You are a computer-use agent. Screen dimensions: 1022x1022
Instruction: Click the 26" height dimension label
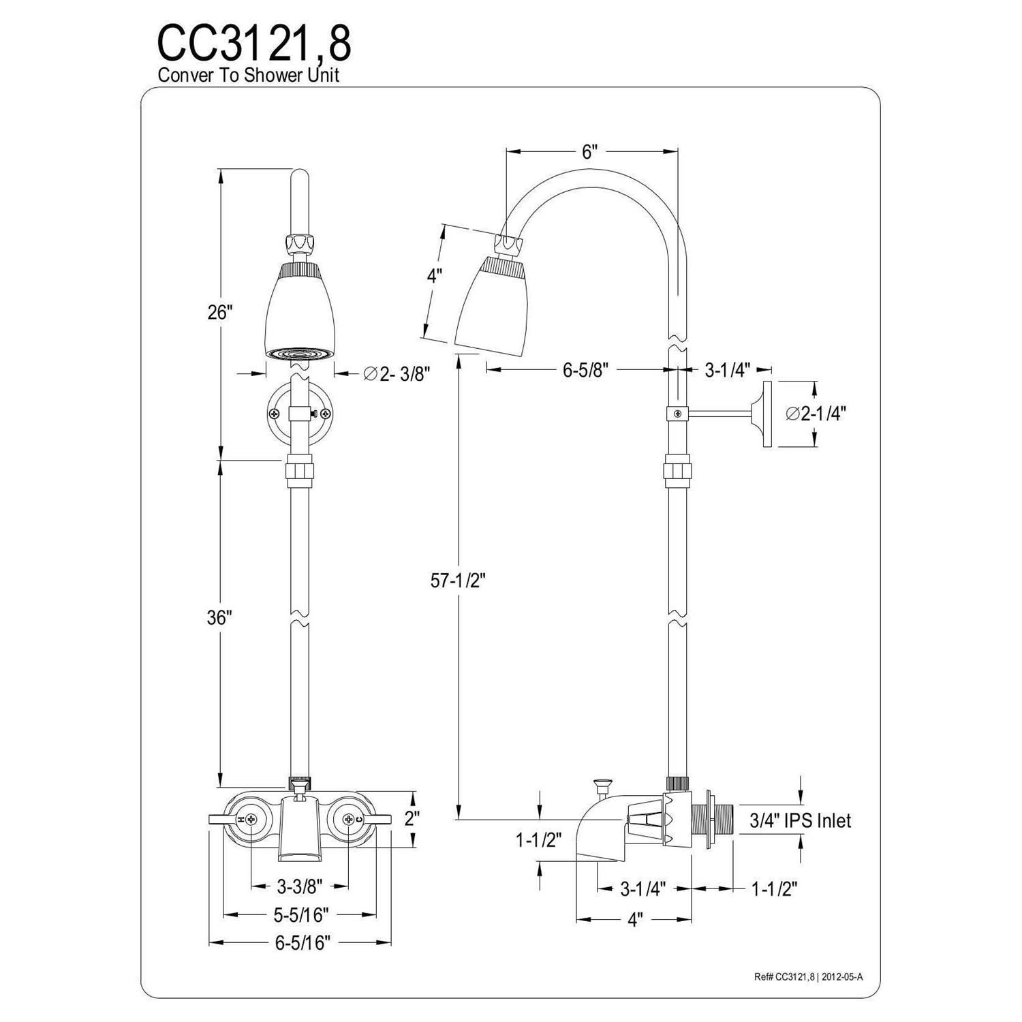220,313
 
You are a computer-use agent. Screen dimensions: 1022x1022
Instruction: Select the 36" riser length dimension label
220,617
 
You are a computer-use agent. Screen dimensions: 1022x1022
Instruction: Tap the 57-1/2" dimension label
458,580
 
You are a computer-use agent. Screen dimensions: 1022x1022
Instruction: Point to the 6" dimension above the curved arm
589,151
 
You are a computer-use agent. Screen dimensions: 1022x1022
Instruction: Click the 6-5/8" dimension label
585,370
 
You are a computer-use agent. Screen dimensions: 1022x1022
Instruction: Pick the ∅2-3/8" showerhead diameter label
397,373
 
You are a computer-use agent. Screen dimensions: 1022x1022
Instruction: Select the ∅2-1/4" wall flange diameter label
816,414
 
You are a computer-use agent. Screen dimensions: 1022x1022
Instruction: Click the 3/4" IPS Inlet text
801,820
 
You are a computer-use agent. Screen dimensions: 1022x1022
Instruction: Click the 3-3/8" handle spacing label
300,886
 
